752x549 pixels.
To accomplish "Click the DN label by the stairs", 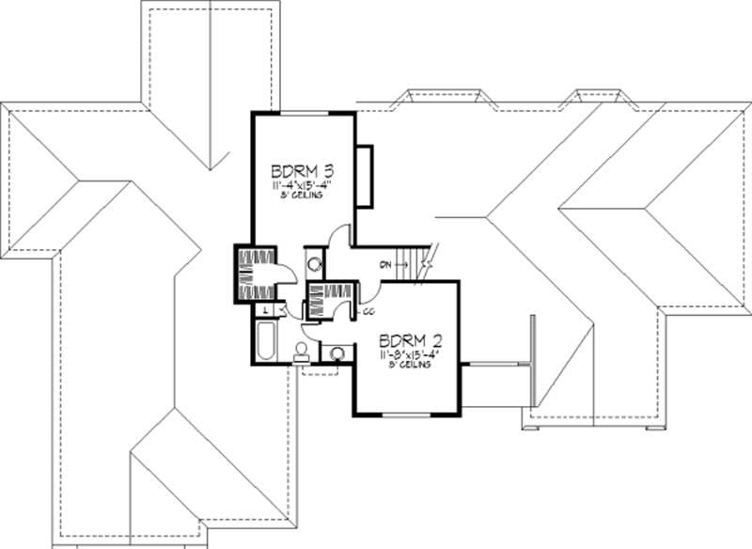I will (x=385, y=265).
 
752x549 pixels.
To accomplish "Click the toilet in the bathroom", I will (x=301, y=353).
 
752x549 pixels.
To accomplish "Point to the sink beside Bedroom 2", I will (x=337, y=353).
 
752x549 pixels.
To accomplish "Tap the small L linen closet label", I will (x=267, y=308).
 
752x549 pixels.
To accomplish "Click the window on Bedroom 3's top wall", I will (x=303, y=113).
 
